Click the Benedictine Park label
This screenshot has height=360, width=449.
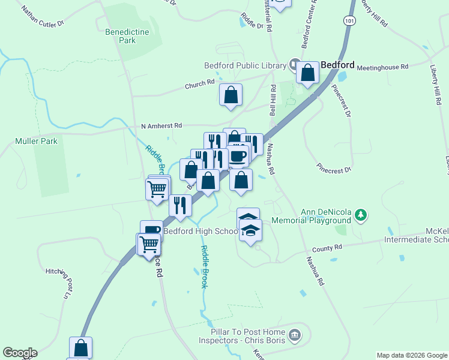point(120,36)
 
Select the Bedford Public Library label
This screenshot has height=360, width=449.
point(246,65)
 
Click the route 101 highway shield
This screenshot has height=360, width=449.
point(350,20)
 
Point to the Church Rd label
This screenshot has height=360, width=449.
point(199,85)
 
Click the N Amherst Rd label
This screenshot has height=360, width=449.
point(161,126)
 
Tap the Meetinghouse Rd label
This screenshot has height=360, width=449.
point(382,67)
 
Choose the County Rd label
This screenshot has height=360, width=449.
point(327,247)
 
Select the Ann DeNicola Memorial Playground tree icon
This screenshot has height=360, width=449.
point(361,214)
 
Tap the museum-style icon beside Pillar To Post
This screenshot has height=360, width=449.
point(295,334)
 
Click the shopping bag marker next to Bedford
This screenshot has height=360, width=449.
point(308,73)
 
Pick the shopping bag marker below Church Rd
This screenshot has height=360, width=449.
point(231,95)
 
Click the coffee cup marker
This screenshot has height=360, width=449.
point(238,155)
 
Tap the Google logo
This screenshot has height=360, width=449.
point(20,353)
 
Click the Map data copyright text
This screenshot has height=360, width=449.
point(412,355)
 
